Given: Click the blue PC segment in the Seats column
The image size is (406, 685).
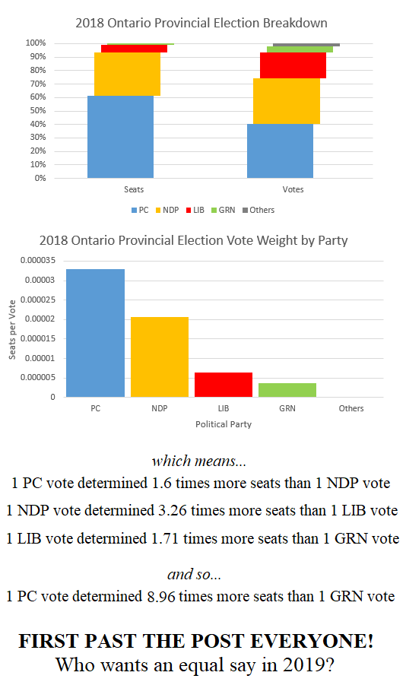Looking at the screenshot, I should (x=120, y=137).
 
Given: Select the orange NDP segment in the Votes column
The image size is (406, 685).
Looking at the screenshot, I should (x=286, y=101).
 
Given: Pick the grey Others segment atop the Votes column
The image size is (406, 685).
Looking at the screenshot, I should (x=306, y=45).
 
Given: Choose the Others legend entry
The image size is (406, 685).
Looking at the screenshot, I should (x=258, y=210).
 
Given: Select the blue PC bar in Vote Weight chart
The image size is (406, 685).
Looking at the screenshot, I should (x=95, y=332).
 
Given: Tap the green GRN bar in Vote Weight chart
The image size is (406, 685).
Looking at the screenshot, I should (x=287, y=389).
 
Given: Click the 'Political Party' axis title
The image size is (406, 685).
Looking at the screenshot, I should (x=224, y=424).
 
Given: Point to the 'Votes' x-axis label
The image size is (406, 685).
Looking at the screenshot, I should (x=293, y=189).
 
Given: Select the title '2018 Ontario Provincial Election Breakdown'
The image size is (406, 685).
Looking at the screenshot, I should (x=201, y=23).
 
